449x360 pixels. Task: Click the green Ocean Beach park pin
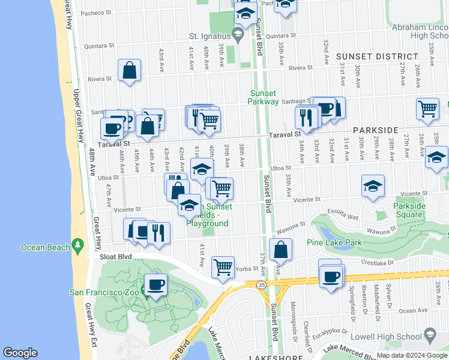click(x=77, y=245)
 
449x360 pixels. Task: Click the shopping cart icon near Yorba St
click(x=223, y=266)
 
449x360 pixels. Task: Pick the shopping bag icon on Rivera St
click(x=130, y=71)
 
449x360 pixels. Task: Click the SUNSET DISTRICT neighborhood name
click(x=377, y=57)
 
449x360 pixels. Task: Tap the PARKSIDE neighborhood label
click(x=376, y=130)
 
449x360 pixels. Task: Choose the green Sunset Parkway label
click(x=264, y=97)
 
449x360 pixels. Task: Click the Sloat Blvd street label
click(x=115, y=256)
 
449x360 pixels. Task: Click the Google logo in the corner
click(x=20, y=353)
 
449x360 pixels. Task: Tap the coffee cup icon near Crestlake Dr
click(x=331, y=277)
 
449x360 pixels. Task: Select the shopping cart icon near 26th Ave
click(x=427, y=109)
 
